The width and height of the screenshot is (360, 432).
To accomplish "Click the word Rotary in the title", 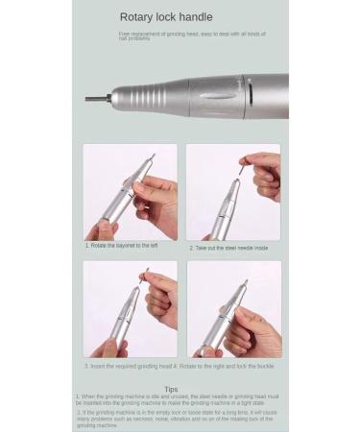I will click(x=135, y=17).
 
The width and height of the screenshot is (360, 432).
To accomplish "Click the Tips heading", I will click(x=171, y=389).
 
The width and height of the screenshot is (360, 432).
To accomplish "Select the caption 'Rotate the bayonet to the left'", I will click(x=122, y=246).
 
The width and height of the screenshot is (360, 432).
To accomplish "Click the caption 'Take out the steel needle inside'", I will click(x=229, y=248).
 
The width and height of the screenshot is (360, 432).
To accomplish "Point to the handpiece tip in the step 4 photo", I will click(x=244, y=283).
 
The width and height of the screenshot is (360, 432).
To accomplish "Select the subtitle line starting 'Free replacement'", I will click(x=192, y=36).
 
